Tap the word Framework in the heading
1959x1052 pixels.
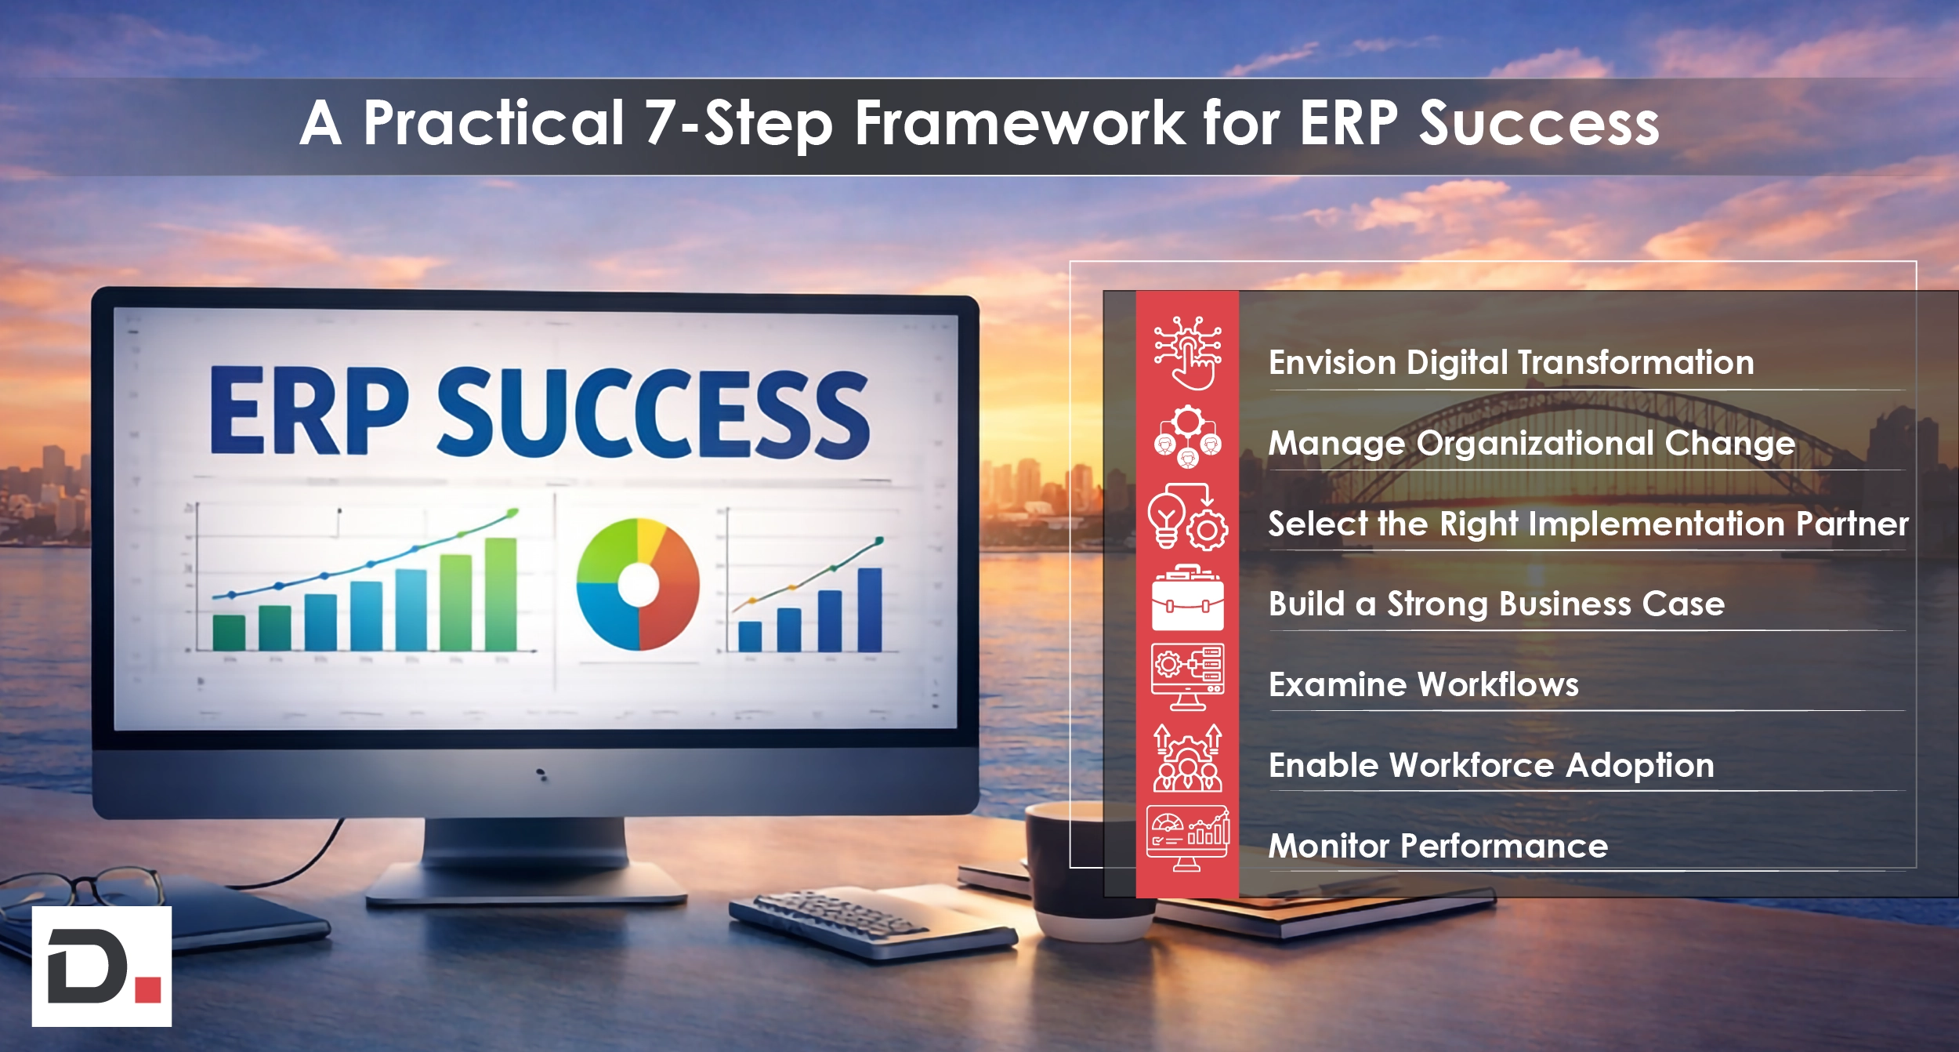[x=1019, y=124]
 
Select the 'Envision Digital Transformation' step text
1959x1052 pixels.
[x=1511, y=363]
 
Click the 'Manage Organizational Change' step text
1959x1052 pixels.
[x=1531, y=444]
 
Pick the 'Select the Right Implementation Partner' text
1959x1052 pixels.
[x=1588, y=524]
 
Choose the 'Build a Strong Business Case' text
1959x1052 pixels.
[x=1496, y=604]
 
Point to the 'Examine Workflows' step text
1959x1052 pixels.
[x=1423, y=685]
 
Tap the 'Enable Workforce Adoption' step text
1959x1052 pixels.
[x=1490, y=766]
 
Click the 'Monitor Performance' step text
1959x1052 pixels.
[x=1437, y=847]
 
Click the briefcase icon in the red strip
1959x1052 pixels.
[x=1187, y=600]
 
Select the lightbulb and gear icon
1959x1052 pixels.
[x=1187, y=517]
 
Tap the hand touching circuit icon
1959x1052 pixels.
[x=1187, y=353]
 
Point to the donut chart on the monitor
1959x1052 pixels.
[x=637, y=584]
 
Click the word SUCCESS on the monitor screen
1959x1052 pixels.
[x=652, y=413]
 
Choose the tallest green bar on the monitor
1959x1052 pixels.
[x=500, y=594]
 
